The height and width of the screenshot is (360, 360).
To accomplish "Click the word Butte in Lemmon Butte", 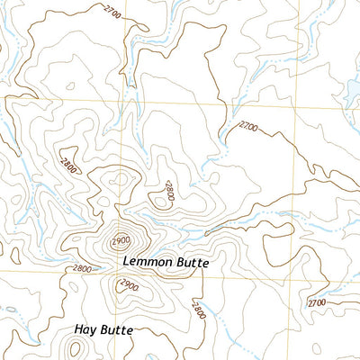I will tap(192, 263).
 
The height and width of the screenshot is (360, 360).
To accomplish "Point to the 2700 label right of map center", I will tap(244, 128).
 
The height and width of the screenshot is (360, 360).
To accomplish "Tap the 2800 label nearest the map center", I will tap(166, 189).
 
